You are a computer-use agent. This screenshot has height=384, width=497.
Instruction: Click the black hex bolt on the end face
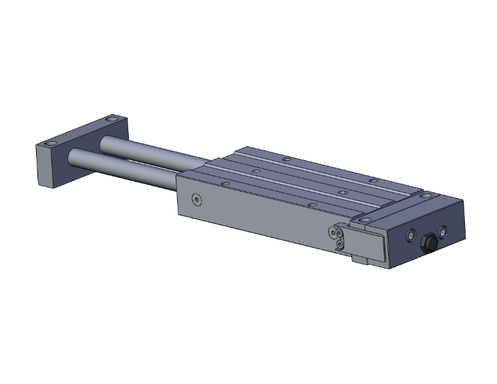[x=428, y=242]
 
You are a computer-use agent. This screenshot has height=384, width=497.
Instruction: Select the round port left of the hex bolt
[x=410, y=235]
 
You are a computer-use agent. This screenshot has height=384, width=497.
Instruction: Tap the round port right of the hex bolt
[x=444, y=232]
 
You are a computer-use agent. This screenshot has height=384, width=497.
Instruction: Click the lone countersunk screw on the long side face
[x=195, y=199]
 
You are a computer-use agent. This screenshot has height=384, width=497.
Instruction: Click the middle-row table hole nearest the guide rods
[x=255, y=170]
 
